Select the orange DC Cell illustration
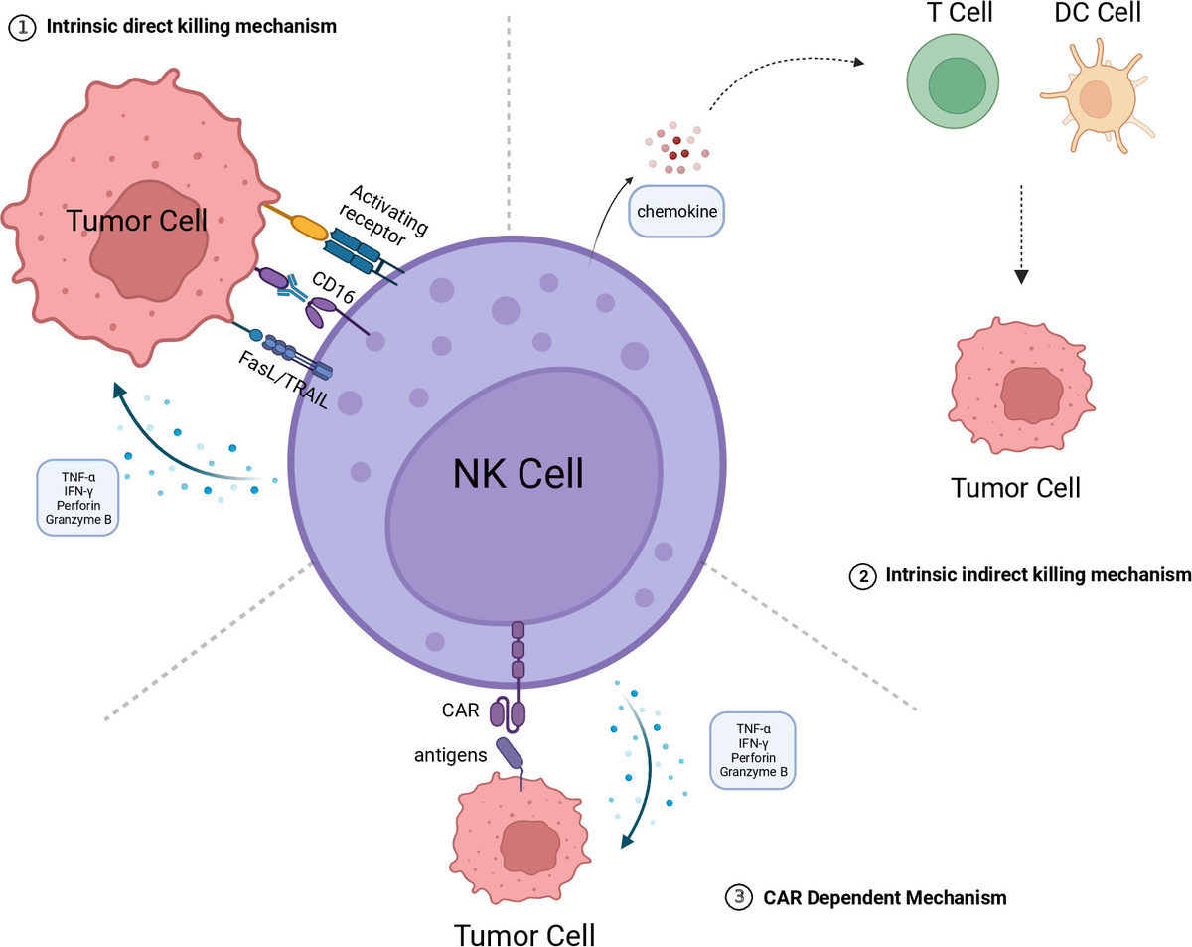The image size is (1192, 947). (x=1099, y=99)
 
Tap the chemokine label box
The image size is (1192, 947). (x=676, y=211)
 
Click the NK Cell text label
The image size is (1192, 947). (x=518, y=474)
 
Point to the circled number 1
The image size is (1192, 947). (x=22, y=27)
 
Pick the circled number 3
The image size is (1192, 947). (x=738, y=897)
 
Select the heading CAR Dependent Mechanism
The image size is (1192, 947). (x=885, y=897)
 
